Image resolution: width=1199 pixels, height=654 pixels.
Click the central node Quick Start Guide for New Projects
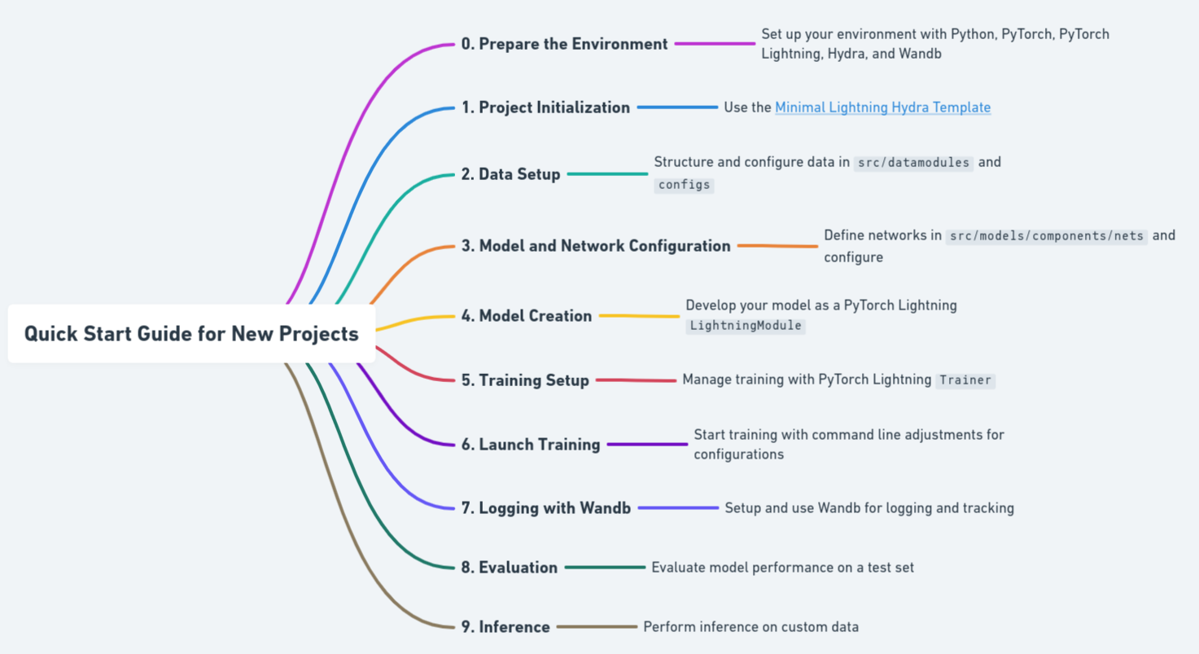191,333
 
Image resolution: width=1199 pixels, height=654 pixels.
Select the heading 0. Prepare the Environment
564,44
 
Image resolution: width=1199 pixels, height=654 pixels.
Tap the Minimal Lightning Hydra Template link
882,108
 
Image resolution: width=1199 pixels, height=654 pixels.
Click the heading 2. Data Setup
510,174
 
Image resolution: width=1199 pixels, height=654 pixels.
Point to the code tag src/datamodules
913,163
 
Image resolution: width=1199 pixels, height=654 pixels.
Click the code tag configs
684,185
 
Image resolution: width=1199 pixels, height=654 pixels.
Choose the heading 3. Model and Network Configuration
596,245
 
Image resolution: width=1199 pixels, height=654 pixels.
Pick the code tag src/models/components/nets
1046,236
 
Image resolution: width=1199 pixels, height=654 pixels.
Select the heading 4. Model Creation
527,315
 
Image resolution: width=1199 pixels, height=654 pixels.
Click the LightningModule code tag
746,326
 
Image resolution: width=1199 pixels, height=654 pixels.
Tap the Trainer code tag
965,380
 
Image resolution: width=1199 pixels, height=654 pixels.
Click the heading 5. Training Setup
525,380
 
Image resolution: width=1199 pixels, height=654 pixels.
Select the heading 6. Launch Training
531,444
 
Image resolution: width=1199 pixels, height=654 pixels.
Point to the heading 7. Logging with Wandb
545,507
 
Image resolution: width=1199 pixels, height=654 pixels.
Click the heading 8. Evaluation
510,567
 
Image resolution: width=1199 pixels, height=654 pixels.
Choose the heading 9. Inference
505,626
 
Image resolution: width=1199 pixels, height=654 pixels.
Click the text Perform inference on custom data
750,626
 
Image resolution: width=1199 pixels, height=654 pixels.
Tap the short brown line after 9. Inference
597,626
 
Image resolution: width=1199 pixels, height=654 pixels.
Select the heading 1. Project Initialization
545,108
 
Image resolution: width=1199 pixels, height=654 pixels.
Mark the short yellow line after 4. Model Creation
639,316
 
